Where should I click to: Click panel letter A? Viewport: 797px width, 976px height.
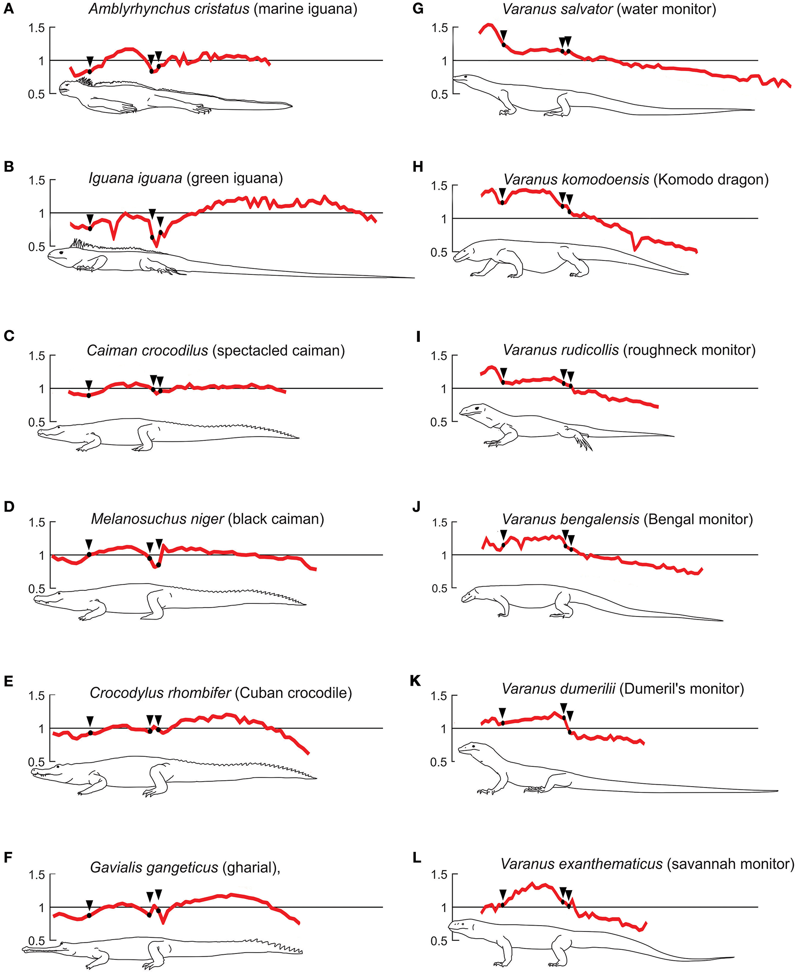8,9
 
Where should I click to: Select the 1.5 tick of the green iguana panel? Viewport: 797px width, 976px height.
37,180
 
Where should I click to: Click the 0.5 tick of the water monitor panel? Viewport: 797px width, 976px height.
439,94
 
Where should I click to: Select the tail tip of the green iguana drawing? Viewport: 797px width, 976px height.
412,278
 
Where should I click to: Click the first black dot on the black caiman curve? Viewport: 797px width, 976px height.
89,554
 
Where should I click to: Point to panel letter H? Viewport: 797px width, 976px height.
417,166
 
